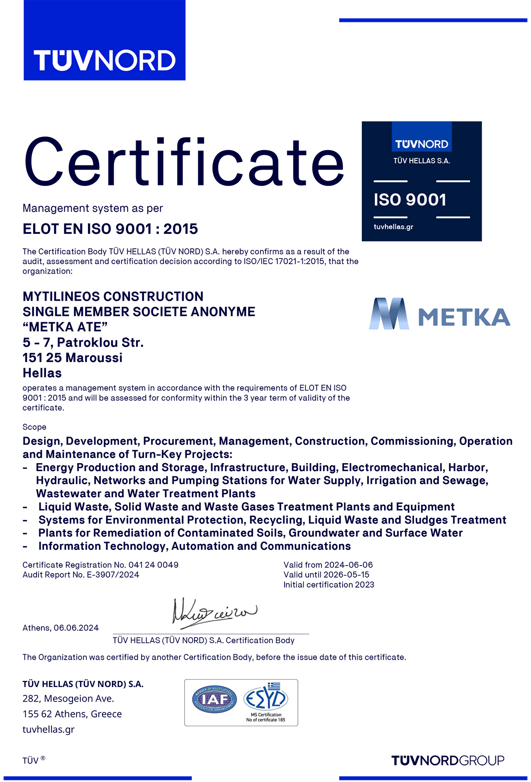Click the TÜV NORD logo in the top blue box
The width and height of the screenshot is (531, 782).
click(105, 60)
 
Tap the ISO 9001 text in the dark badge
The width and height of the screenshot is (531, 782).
click(410, 200)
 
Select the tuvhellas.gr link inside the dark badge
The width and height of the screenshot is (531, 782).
click(393, 227)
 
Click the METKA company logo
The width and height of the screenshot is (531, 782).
click(439, 314)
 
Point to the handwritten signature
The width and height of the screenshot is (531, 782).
click(214, 611)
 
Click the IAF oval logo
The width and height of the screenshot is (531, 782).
click(214, 699)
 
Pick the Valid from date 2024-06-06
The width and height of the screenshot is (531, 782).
click(348, 565)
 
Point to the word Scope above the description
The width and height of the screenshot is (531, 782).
click(34, 427)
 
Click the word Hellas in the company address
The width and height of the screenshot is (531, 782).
click(42, 373)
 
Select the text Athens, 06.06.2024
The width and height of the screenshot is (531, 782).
click(61, 628)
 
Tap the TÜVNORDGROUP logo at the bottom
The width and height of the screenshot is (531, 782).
click(448, 760)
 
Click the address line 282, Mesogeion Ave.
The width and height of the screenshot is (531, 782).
click(68, 699)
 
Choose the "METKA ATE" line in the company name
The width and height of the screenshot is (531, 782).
click(65, 327)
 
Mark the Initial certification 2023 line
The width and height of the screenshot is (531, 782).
click(329, 585)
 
